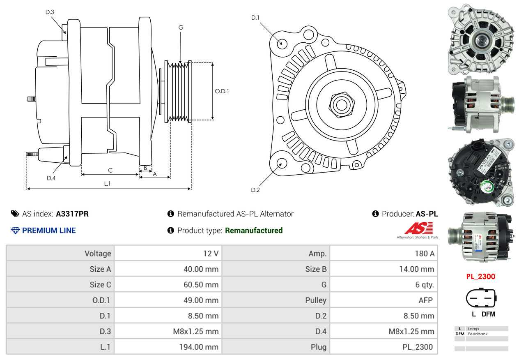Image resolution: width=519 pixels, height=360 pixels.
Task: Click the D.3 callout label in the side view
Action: tap(50, 12)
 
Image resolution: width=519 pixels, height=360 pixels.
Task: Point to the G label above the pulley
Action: tap(181, 28)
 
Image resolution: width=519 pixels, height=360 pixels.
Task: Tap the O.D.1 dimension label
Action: tap(222, 91)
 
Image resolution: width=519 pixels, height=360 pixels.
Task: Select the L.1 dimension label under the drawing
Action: tap(107, 184)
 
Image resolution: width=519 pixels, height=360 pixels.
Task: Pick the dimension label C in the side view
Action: tap(110, 170)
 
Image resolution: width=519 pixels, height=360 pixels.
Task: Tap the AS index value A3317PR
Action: tap(72, 214)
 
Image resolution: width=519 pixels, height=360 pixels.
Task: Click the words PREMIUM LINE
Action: tap(49, 231)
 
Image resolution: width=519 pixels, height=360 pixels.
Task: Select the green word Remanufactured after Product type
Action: tap(254, 231)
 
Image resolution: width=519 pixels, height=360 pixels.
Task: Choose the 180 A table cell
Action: tap(384, 254)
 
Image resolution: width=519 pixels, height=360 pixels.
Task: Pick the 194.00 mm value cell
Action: tap(168, 347)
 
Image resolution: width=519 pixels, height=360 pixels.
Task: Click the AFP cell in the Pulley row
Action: tap(384, 300)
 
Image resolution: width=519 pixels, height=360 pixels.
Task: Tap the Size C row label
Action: tap(60, 284)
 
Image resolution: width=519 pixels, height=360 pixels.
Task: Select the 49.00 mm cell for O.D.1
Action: tap(168, 300)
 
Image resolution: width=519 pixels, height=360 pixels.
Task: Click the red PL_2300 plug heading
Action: tap(480, 277)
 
